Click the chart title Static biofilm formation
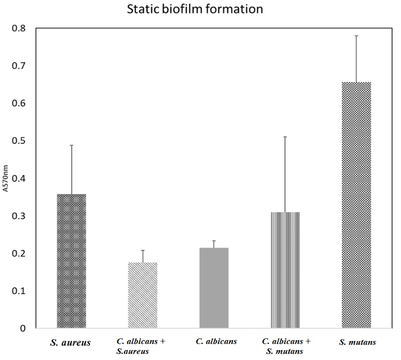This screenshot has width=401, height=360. click(x=195, y=9)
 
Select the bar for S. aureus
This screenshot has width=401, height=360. click(x=71, y=261)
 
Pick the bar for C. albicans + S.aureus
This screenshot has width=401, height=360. click(x=143, y=295)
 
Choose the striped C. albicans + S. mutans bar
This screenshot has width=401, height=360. click(x=285, y=270)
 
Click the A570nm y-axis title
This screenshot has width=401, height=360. click(x=6, y=178)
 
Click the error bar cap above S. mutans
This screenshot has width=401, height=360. click(x=356, y=36)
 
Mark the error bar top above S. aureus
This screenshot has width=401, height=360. click(x=71, y=145)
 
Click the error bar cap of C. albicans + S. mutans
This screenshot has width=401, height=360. click(x=285, y=137)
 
